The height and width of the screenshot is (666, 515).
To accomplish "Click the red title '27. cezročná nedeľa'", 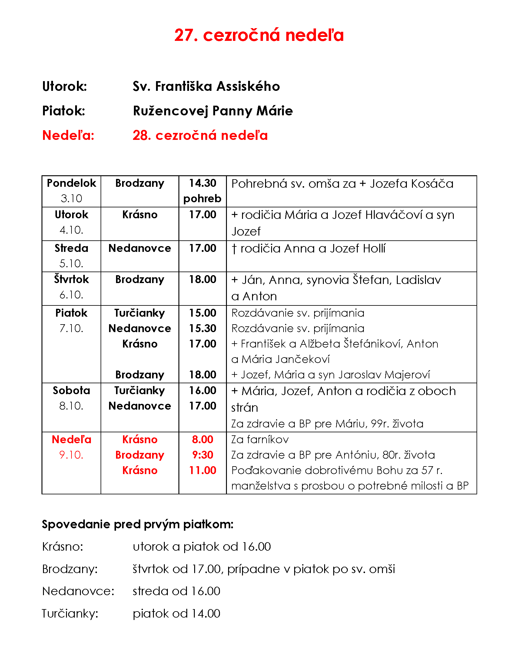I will tap(259, 35).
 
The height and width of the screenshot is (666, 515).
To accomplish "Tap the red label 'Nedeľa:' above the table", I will tap(68, 135).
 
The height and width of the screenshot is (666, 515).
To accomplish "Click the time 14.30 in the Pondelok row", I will tap(202, 183).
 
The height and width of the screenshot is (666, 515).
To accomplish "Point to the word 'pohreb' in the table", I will tap(202, 199).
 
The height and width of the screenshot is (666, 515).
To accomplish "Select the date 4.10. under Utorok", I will tap(71, 230).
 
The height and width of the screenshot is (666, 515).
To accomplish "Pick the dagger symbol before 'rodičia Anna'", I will tap(234, 249).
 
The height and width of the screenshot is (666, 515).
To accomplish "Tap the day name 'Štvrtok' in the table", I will tap(71, 279).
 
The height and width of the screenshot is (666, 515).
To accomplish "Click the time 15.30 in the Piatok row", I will tap(202, 328).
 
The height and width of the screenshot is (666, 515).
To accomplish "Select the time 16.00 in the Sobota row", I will tap(202, 391).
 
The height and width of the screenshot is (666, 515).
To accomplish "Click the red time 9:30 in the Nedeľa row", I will tap(202, 455).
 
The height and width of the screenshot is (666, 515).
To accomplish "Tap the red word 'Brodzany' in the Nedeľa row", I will tap(140, 455).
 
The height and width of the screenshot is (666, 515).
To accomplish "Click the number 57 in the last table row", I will tap(427, 470).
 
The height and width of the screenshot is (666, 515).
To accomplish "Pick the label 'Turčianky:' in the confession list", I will tap(70, 614).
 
